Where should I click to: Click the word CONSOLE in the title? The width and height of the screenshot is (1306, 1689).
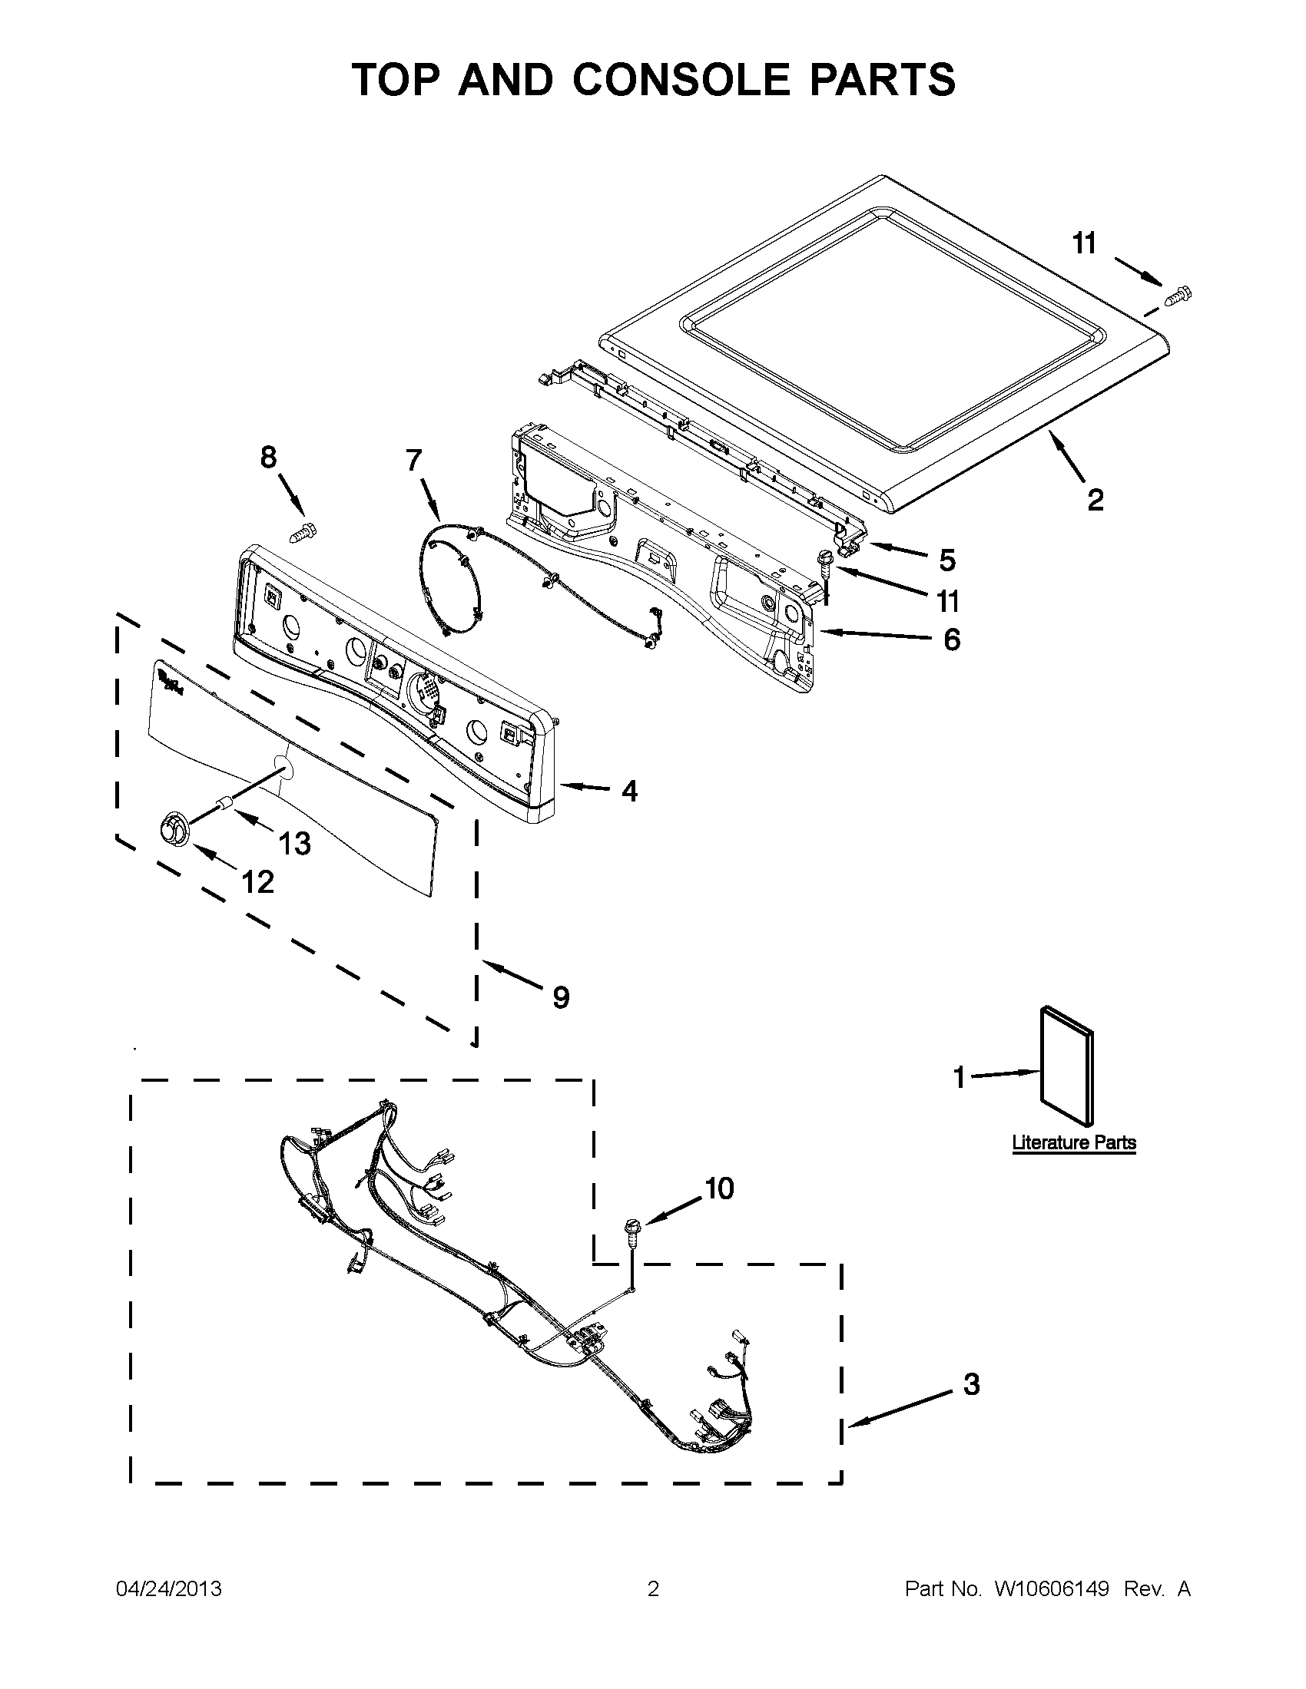click(x=681, y=80)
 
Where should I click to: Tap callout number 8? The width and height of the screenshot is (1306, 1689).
click(x=267, y=458)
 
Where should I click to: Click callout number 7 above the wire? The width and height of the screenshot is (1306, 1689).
click(x=414, y=460)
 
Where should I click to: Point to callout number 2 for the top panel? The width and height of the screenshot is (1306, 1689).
click(x=1095, y=501)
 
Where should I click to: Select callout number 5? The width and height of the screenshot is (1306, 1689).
click(x=948, y=560)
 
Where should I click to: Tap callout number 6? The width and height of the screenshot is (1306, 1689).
click(x=952, y=640)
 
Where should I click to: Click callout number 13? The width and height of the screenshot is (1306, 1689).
click(x=294, y=844)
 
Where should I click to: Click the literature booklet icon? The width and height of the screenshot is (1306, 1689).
click(x=1068, y=1066)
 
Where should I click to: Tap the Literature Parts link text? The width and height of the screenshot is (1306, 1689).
click(x=1074, y=1142)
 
